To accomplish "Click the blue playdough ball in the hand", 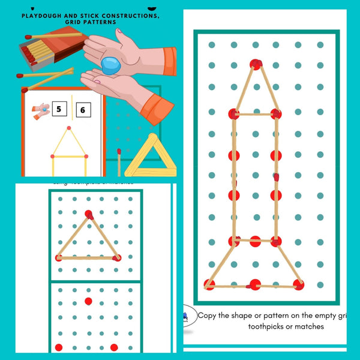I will (x=112, y=65).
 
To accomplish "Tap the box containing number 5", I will (x=59, y=109).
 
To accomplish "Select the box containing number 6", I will (x=83, y=109).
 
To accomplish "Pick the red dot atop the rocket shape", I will (x=256, y=64).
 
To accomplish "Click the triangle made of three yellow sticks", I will (x=143, y=157).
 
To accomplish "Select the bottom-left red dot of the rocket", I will (x=209, y=284).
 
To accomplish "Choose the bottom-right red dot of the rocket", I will (x=298, y=284).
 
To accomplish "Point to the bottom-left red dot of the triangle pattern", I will (x=59, y=257).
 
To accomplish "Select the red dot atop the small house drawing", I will (x=69, y=128).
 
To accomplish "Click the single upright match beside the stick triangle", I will (x=119, y=163).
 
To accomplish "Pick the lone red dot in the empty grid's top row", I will (x=88, y=301).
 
